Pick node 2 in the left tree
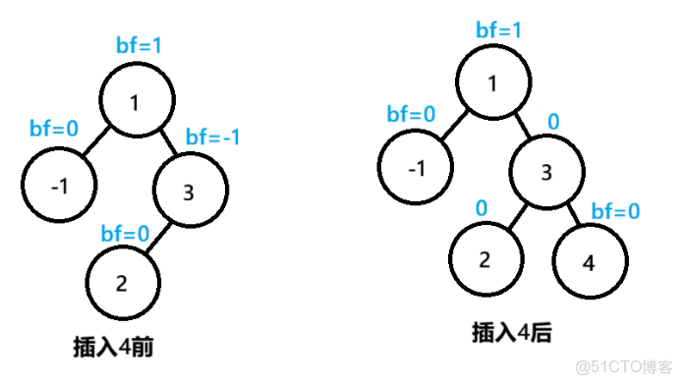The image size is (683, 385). [122, 283]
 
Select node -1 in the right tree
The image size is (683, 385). [418, 168]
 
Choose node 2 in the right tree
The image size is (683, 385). [485, 259]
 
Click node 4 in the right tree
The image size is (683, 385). [588, 264]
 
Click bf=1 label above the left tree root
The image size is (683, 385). [137, 46]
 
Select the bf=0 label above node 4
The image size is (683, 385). [614, 211]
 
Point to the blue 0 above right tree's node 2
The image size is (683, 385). [482, 207]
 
